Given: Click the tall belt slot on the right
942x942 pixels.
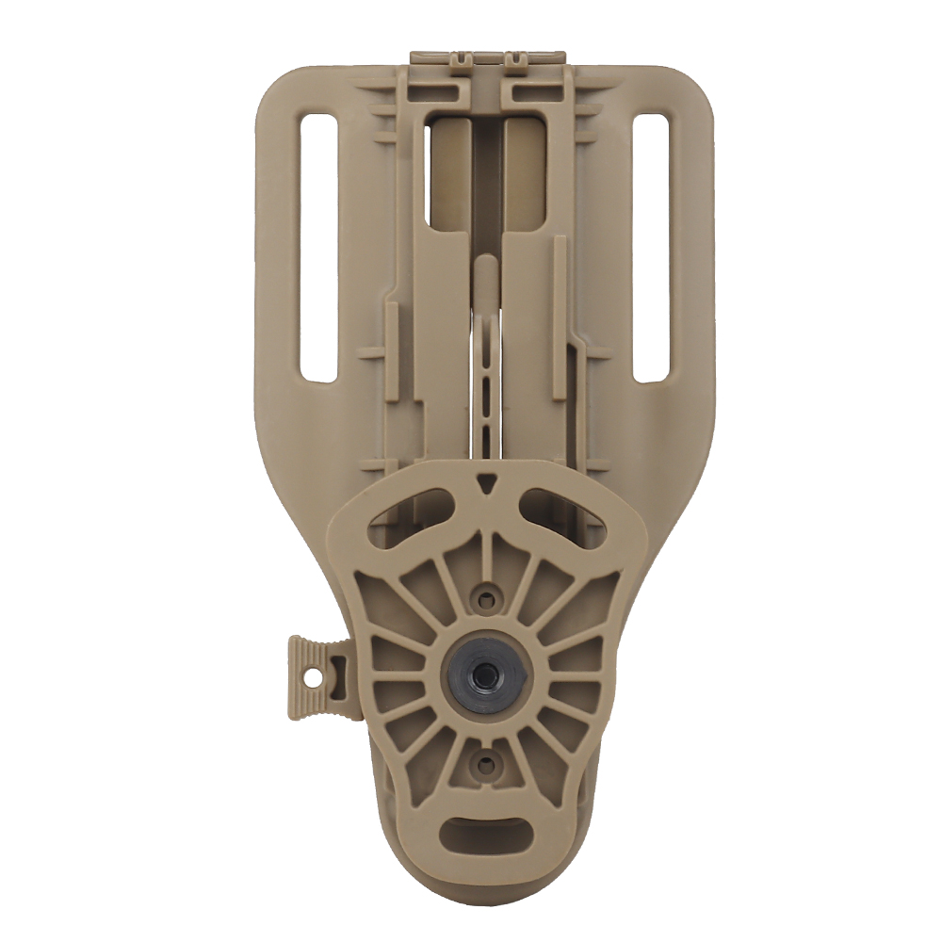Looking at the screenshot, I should pyautogui.click(x=651, y=248).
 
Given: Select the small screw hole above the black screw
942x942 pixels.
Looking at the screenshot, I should pyautogui.click(x=485, y=596).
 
